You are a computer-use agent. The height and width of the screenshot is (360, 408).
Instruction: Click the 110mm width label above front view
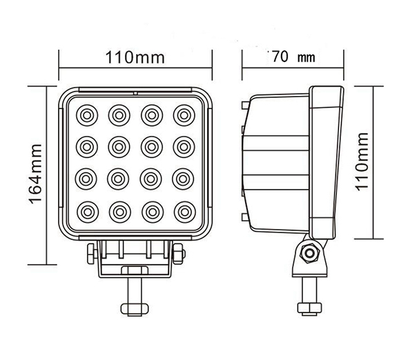[135, 57]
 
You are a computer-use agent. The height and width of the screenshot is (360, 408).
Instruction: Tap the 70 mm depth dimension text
[293, 57]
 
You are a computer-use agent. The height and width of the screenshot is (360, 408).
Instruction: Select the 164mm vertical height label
[35, 174]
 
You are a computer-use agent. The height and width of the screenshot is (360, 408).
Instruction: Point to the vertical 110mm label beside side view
[362, 161]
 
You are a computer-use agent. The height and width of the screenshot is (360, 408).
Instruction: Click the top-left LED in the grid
[87, 115]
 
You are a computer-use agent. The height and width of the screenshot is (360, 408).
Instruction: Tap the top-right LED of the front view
[184, 115]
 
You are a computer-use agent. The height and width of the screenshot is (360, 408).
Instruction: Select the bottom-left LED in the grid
[88, 212]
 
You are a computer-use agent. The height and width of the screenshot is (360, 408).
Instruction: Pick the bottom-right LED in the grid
[185, 212]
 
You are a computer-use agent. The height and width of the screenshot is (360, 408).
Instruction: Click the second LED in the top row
[119, 115]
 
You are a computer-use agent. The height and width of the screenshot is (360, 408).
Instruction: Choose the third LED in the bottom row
[153, 212]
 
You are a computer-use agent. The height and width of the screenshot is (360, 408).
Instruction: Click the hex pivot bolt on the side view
[310, 253]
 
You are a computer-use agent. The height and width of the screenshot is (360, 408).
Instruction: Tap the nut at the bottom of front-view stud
[135, 309]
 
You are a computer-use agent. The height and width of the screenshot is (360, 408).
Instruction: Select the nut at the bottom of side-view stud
[310, 308]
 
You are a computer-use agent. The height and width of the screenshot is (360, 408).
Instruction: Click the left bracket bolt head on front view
[91, 253]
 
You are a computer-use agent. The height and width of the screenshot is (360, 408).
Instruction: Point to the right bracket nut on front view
[179, 253]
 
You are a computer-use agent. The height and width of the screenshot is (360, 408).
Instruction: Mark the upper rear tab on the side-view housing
[245, 106]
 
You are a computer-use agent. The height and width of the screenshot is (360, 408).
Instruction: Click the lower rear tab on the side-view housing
[245, 217]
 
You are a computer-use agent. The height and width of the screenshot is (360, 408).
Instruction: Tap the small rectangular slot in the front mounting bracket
[135, 270]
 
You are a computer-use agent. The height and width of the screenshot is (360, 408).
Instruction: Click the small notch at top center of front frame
[135, 93]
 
